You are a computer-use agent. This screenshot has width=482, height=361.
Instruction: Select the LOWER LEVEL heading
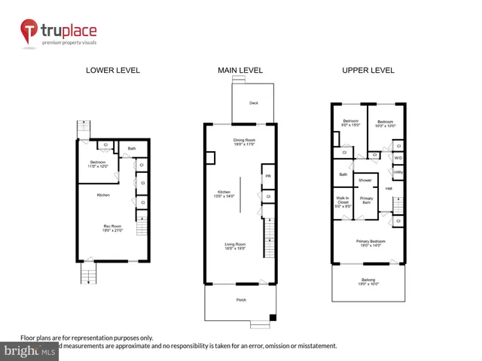(x=113, y=71)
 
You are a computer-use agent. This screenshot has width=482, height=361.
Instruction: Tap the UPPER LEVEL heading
(x=368, y=71)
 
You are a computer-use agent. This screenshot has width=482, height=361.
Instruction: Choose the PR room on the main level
(x=268, y=177)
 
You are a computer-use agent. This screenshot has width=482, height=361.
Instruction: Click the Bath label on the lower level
(x=131, y=149)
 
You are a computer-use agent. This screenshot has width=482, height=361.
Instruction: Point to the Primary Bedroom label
(x=368, y=242)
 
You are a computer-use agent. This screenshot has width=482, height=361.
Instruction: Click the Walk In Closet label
(x=343, y=202)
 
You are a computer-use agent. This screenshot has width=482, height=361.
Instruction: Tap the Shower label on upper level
(x=365, y=180)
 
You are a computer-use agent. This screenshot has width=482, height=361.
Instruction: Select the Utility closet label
(x=398, y=172)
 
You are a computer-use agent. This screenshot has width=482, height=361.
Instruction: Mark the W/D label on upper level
(x=398, y=158)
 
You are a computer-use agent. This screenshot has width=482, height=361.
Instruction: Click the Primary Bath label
(x=366, y=200)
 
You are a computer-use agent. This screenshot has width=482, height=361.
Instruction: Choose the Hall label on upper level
(x=389, y=189)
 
